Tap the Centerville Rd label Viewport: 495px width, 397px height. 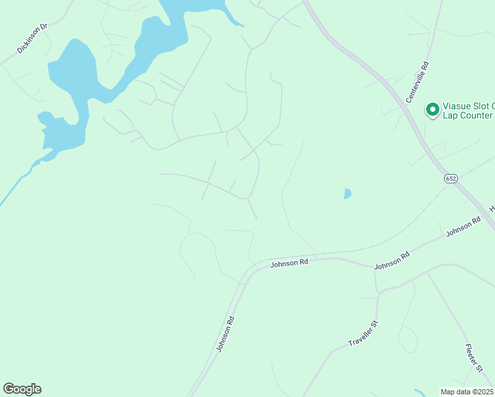tap(418, 82)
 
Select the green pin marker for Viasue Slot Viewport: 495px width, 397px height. tap(433, 110)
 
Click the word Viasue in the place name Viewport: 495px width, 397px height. tap(457, 105)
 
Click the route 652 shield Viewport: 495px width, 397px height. tap(451, 179)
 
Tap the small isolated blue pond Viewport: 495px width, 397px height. tap(347, 194)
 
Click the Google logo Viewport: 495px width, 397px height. tap(22, 389)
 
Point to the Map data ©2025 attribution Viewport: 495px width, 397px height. tap(467, 391)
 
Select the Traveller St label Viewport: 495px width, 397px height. tap(363, 334)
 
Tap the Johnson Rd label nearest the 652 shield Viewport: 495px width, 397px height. tap(463, 228)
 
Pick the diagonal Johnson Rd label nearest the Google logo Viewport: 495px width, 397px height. tap(226, 333)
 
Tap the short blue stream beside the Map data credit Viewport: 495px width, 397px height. tap(420, 392)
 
